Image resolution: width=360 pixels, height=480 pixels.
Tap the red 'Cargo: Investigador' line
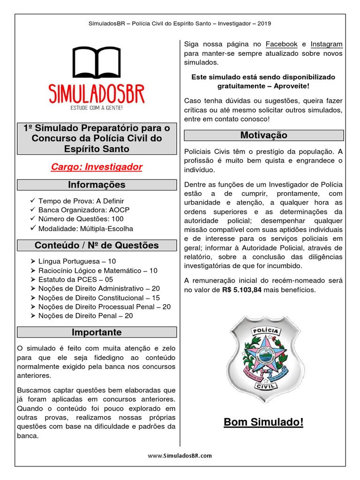pos(97,167)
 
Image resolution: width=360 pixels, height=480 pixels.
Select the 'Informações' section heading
pos(97,185)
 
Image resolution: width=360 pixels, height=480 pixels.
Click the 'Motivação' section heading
pos(264,135)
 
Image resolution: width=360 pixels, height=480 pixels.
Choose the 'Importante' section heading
pos(97,332)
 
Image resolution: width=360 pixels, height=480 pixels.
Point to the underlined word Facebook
pos(282,44)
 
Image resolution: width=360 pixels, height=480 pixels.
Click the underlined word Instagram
pos(326,44)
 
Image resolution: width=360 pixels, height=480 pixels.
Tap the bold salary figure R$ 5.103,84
pos(242,290)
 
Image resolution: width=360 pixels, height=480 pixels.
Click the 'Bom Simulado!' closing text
pos(263,422)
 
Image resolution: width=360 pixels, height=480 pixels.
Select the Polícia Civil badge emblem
pos(264,359)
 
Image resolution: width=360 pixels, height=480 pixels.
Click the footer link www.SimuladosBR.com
pos(180,455)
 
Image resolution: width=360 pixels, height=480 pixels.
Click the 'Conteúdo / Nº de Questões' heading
pos(97,245)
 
